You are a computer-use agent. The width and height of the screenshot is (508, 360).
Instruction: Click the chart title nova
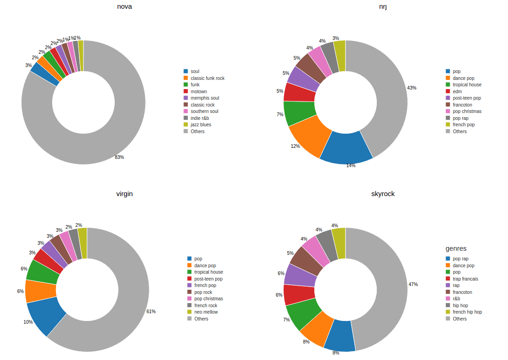click(124, 6)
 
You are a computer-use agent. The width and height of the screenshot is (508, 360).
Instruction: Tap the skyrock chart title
click(383, 194)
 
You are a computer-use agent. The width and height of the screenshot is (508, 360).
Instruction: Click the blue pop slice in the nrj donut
click(346, 147)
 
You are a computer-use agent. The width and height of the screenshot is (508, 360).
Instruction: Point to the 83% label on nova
click(119, 157)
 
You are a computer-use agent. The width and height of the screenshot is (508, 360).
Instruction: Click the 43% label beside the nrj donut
click(412, 88)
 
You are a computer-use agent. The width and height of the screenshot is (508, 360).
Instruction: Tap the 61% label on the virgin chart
click(151, 311)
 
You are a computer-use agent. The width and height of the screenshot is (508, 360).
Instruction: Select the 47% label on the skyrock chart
click(413, 284)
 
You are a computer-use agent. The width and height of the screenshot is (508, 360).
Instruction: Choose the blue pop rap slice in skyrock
click(340, 335)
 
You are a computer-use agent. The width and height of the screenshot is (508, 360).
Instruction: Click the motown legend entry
click(198, 91)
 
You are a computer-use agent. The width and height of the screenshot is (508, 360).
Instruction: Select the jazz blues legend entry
click(201, 124)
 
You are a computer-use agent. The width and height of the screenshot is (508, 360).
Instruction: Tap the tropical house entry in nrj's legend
click(467, 84)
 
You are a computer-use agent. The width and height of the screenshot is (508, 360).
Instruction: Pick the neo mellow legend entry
click(206, 312)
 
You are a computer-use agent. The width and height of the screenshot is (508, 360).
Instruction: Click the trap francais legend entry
click(465, 279)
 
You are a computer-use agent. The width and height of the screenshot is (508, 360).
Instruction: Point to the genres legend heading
click(456, 248)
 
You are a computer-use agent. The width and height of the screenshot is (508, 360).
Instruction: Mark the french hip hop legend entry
click(467, 312)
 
